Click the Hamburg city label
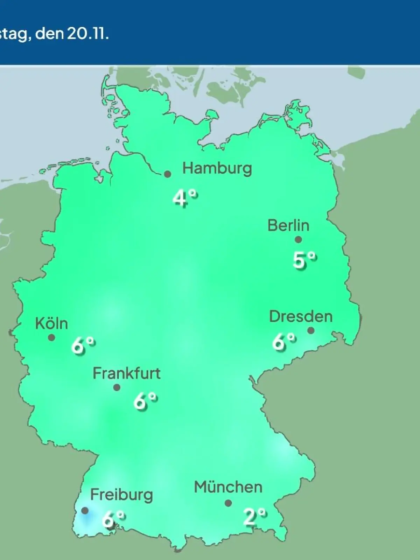(217, 169)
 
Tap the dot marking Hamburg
(168, 174)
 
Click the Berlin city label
(288, 225)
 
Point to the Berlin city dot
(298, 240)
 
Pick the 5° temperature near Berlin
(304, 260)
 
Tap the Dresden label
(301, 316)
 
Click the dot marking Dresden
(311, 330)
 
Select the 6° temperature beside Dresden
(284, 342)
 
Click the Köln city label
(51, 323)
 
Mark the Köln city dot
(51, 338)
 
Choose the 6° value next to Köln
(83, 346)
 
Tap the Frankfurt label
(126, 373)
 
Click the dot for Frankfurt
(117, 387)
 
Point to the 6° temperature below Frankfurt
(145, 401)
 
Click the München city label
(228, 487)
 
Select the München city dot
(228, 503)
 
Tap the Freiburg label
(121, 495)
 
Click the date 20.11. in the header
(88, 34)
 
